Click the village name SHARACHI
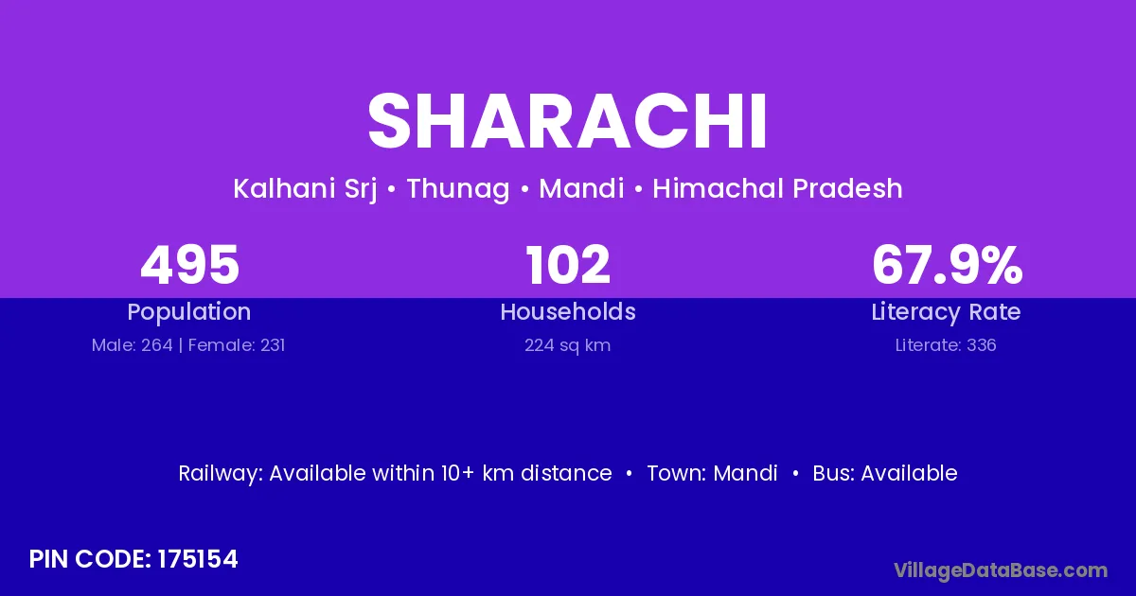(567, 121)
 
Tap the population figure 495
(189, 265)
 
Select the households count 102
(568, 265)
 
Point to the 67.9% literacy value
(947, 265)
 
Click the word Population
(189, 312)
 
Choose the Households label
(568, 311)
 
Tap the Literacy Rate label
(946, 312)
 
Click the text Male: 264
(132, 345)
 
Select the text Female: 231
(237, 345)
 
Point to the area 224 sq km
(567, 345)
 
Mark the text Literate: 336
(946, 345)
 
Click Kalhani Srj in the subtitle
(305, 189)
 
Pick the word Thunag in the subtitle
(458, 189)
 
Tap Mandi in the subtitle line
(581, 188)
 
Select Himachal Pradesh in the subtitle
(777, 188)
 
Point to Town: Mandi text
(712, 473)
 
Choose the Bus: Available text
(885, 473)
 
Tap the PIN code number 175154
(197, 559)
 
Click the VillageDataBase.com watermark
(1001, 570)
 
